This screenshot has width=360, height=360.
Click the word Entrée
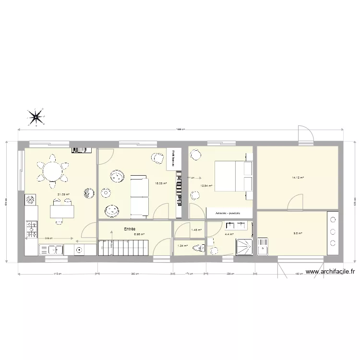[130, 229]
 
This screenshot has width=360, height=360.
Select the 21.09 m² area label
[63, 194]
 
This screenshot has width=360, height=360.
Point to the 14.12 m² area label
[298, 178]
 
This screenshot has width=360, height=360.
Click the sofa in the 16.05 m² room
[140, 196]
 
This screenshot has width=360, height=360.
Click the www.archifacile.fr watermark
[331, 272]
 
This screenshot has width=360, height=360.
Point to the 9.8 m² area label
[298, 233]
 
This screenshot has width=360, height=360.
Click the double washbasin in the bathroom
[238, 225]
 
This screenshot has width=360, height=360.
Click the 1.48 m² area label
[196, 230]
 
